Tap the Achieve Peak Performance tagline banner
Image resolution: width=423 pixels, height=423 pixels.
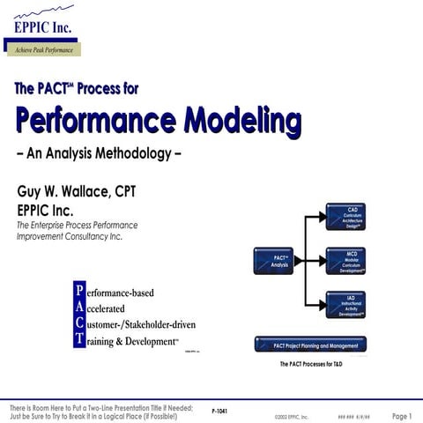tap(42, 49)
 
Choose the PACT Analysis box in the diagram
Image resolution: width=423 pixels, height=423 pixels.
tap(271, 262)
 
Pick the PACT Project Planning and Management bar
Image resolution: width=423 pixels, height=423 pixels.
tap(309, 344)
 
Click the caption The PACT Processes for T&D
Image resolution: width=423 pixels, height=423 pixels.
tap(310, 364)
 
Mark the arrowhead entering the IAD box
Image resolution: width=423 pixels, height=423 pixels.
tap(321, 305)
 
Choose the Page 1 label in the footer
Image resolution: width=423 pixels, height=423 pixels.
tap(402, 415)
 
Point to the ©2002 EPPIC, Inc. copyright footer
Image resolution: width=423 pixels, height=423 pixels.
tap(292, 416)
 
